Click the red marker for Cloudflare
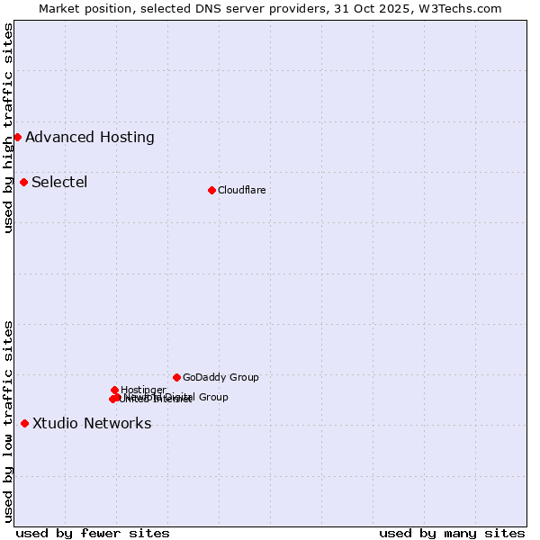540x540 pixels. click(211, 190)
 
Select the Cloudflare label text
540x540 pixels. click(241, 190)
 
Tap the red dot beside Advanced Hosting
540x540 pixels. click(17, 137)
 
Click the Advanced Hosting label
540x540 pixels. click(90, 138)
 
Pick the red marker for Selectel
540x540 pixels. click(23, 182)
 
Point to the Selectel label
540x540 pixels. click(59, 183)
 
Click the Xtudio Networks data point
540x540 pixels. click(24, 423)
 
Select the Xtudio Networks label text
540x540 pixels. click(92, 424)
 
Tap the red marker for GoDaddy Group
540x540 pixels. click(176, 377)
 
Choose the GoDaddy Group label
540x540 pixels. click(220, 377)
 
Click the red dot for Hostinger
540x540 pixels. click(114, 390)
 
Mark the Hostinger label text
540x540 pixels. click(143, 390)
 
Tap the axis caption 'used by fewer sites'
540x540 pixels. click(93, 533)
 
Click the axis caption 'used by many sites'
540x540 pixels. click(452, 533)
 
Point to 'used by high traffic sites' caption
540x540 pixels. click(9, 128)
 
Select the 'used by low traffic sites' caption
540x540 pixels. click(9, 420)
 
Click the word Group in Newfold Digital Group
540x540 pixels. click(212, 397)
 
